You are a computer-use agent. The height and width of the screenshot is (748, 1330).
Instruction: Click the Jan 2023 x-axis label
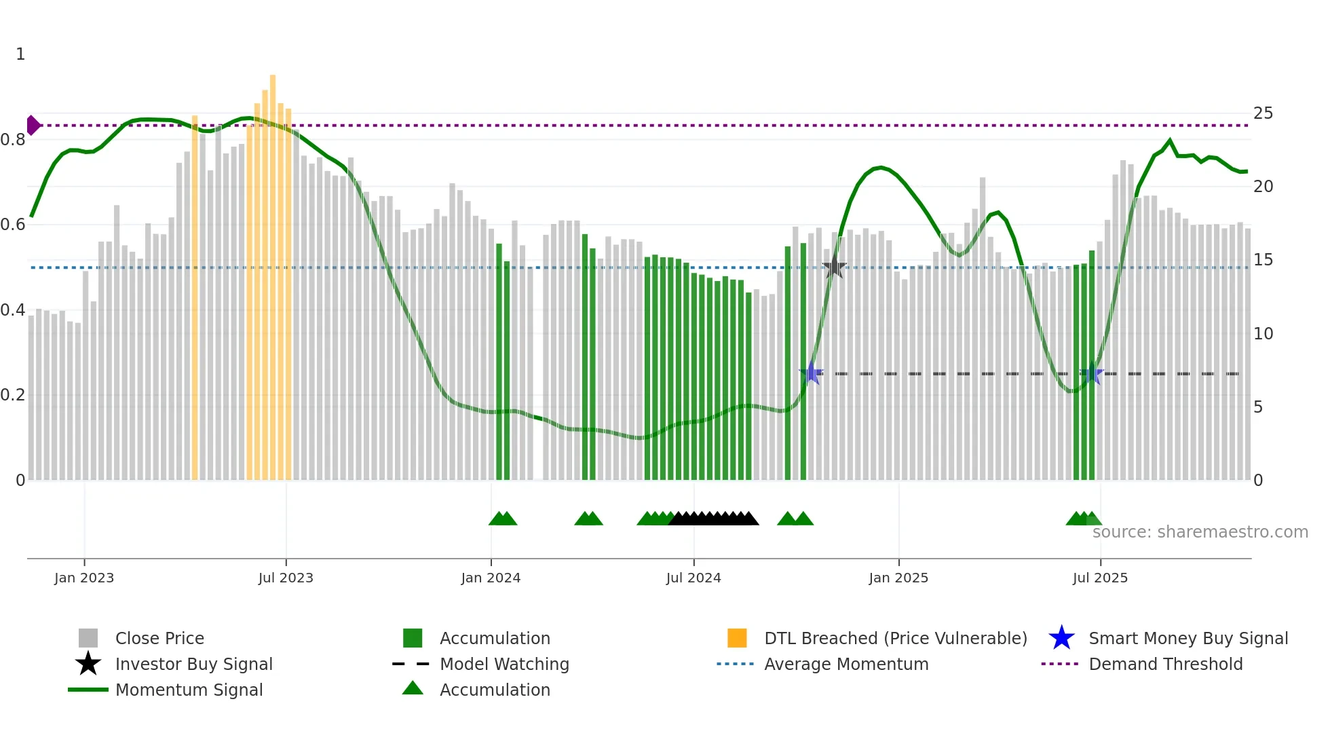pos(84,578)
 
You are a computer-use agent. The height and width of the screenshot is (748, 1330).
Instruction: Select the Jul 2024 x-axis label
pos(693,578)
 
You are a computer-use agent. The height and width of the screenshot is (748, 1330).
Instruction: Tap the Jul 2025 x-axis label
pos(1100,578)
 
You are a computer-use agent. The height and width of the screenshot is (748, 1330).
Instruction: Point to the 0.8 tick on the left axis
pos(13,140)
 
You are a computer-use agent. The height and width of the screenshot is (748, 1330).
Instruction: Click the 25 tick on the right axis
pos(1263,113)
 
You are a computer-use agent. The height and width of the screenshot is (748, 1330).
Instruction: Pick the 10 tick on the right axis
pos(1263,334)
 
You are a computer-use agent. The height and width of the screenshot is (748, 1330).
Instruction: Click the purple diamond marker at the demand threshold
pos(33,126)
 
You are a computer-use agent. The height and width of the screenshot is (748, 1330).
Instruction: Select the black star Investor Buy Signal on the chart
pos(834,267)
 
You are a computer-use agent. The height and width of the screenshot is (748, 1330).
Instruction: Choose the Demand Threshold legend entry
pos(1165,665)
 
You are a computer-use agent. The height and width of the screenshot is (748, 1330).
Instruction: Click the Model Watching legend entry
pos(503,665)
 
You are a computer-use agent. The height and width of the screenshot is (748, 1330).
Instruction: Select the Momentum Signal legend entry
pos(189,690)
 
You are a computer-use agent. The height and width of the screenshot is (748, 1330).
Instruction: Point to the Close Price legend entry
pos(159,639)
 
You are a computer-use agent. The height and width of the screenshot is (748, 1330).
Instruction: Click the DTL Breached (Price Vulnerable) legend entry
pos(895,639)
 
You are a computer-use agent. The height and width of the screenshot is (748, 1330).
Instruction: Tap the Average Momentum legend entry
pos(846,665)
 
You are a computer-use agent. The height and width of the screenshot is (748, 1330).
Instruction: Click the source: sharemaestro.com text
pos(1200,532)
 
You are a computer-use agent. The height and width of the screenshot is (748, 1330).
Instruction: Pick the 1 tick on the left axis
pos(20,54)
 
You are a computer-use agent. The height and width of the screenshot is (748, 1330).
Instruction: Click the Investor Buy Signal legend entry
pos(193,665)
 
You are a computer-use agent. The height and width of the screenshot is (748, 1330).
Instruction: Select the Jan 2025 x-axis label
pos(898,578)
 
